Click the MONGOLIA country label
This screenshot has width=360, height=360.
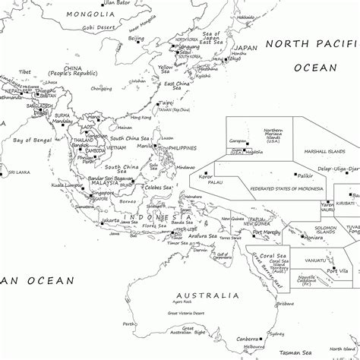pyautogui.click(x=91, y=14)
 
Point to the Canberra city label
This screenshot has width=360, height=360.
pyautogui.click(x=247, y=338)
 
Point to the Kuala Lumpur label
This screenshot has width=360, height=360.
pyautogui.click(x=67, y=185)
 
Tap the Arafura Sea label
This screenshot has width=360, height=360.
pyautogui.click(x=203, y=235)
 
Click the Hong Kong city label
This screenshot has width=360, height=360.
pyautogui.click(x=141, y=118)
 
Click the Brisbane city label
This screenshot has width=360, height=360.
pyautogui.click(x=285, y=302)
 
